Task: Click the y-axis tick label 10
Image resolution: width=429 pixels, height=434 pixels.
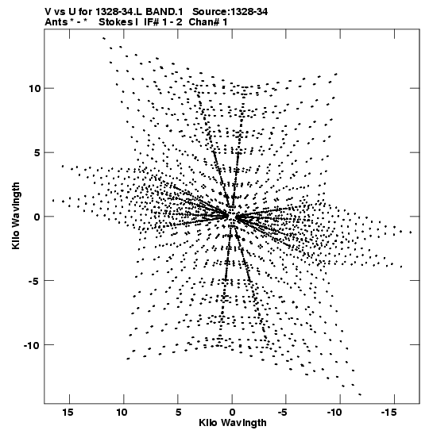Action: click(x=34, y=89)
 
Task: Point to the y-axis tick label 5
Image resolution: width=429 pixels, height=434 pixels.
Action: click(x=37, y=152)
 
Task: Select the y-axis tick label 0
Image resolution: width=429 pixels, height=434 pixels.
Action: click(x=37, y=217)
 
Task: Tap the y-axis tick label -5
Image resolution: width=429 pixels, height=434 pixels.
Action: click(x=35, y=281)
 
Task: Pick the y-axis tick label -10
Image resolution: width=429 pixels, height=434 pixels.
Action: click(x=32, y=345)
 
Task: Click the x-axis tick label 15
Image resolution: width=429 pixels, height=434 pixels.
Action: click(x=68, y=412)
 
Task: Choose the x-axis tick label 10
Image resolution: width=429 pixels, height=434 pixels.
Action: click(x=122, y=412)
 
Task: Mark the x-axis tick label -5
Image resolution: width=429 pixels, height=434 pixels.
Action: click(x=282, y=412)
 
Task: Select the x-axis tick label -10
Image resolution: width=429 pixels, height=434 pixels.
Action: click(x=336, y=412)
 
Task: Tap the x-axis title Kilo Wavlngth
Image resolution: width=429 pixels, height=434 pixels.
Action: click(x=233, y=423)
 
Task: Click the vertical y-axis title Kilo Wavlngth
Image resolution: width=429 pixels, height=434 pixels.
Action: click(x=16, y=216)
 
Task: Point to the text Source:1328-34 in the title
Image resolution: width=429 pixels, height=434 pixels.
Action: click(x=230, y=12)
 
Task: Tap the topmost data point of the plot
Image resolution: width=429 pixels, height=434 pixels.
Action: click(x=104, y=38)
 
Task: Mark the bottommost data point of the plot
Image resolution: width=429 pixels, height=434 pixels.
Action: click(x=360, y=394)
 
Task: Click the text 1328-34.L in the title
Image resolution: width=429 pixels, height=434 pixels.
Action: click(x=119, y=12)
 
